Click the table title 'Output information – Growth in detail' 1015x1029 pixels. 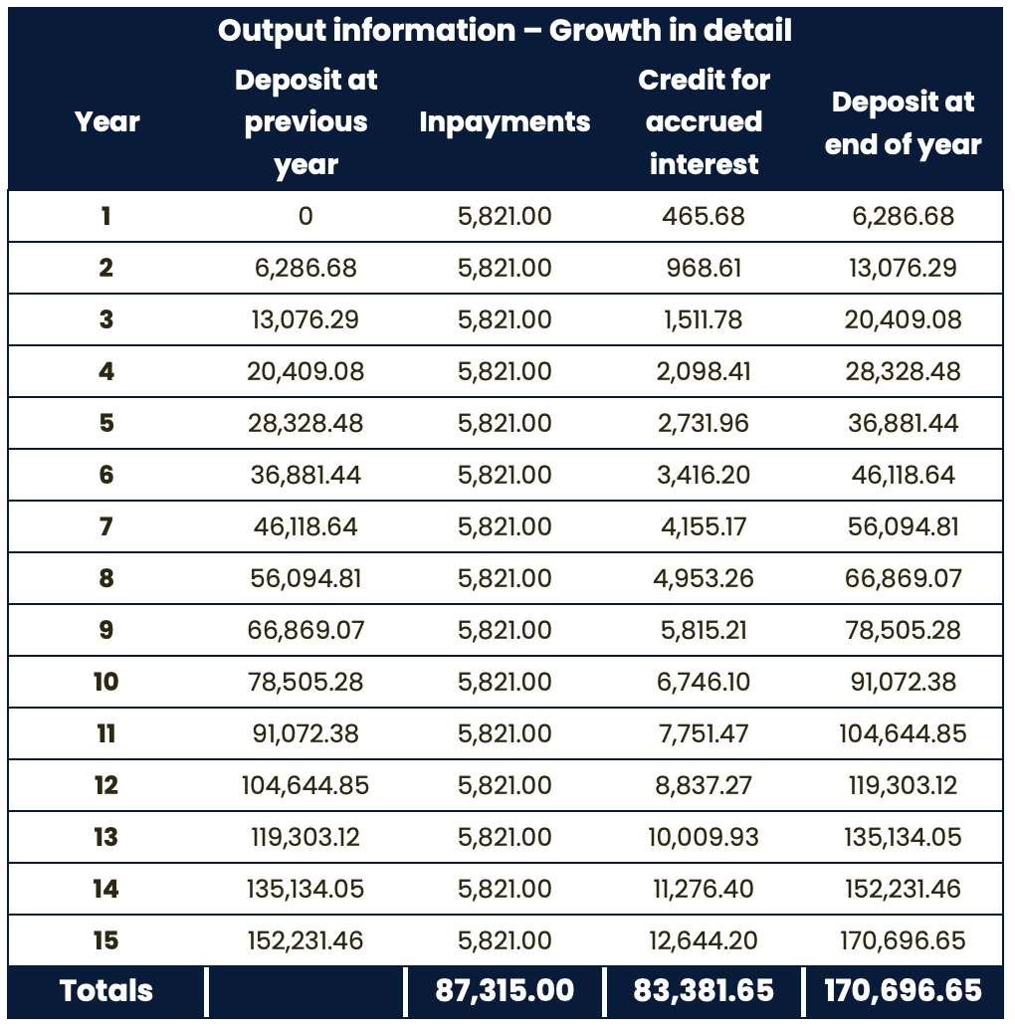point(505,31)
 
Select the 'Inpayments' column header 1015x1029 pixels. point(505,122)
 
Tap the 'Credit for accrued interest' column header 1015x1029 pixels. point(704,122)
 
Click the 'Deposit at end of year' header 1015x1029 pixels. point(903,123)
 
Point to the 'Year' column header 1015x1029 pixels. point(106,122)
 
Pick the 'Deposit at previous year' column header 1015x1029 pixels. point(305,122)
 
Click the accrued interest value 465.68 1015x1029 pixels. point(704,216)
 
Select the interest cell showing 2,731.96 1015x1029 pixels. point(704,423)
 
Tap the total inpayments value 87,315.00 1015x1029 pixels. point(505,991)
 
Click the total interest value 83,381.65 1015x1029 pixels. point(704,991)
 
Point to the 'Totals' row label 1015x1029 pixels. point(106,991)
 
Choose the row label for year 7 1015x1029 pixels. point(106,526)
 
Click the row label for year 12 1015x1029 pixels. point(106,785)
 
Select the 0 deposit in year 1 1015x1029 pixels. point(305,216)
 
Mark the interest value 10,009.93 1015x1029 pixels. point(704,837)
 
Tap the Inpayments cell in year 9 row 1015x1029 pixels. point(505,630)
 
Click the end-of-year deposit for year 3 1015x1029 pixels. point(903,319)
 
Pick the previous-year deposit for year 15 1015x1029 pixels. point(305,940)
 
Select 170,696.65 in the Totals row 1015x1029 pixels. point(903,991)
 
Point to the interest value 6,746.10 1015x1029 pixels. point(704,682)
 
